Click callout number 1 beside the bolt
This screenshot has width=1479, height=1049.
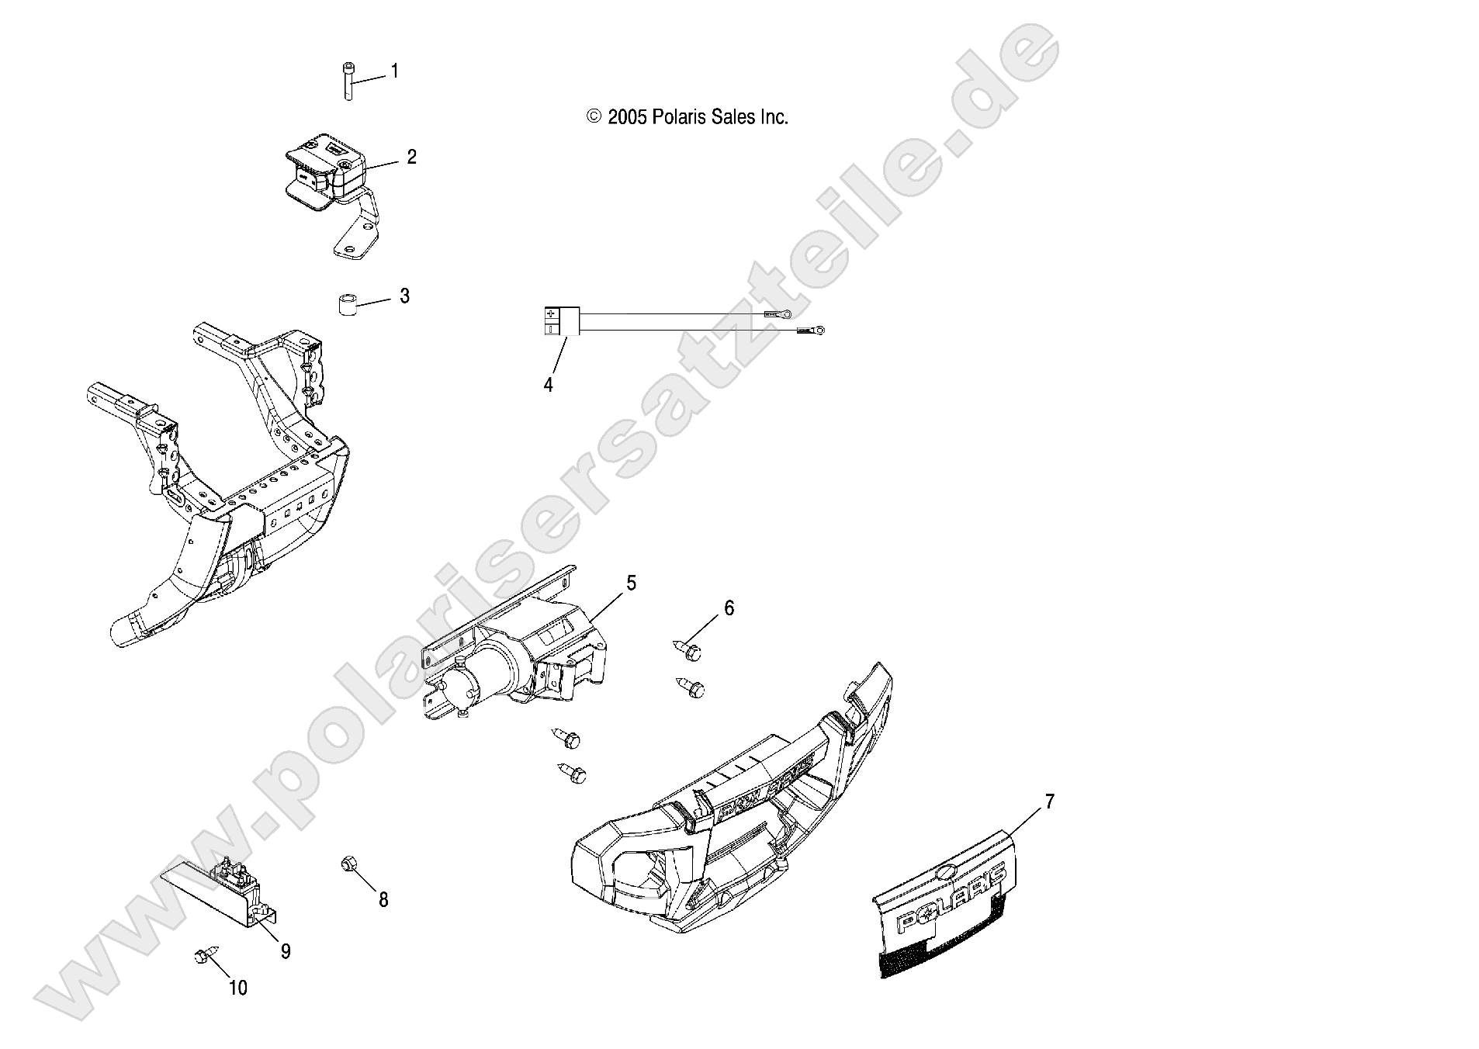[394, 71]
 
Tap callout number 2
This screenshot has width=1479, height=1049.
[411, 158]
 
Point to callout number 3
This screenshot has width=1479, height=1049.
[404, 296]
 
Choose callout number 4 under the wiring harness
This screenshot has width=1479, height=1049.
[549, 385]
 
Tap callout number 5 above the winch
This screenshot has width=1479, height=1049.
[631, 583]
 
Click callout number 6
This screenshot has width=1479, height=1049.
[729, 608]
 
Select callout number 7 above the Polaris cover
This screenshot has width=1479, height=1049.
[1050, 802]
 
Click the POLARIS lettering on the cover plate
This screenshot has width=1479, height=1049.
[953, 901]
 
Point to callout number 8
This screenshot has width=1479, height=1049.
[383, 900]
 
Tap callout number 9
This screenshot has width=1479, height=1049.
[286, 951]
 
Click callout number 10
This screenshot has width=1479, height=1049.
[238, 988]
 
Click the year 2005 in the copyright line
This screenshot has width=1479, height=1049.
[627, 117]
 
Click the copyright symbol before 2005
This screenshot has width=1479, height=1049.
[594, 117]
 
